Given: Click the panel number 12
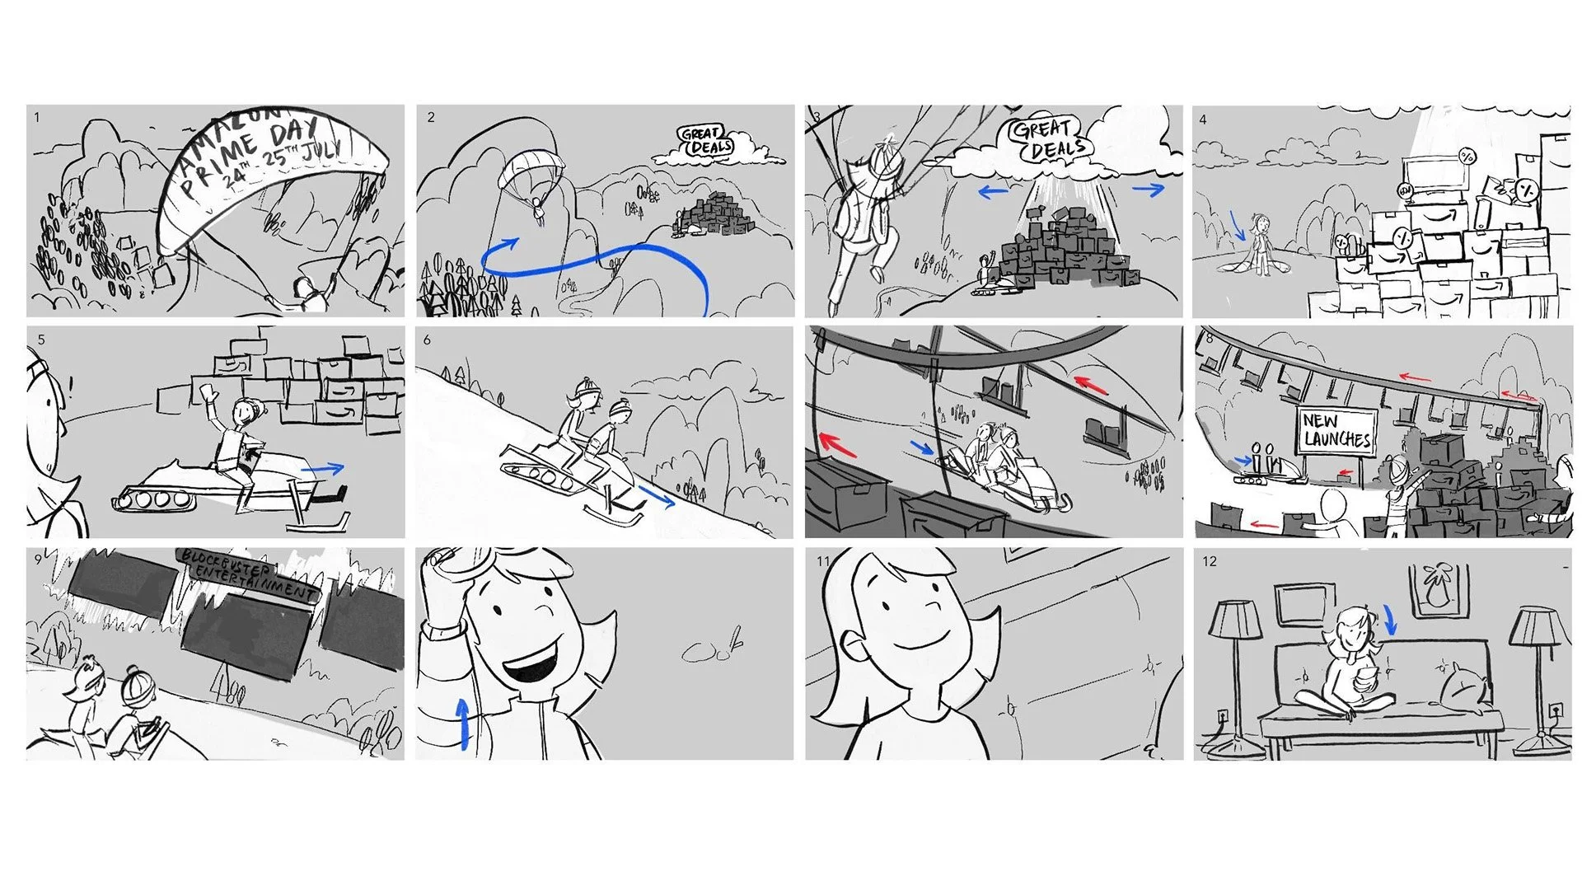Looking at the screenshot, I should (x=1209, y=561).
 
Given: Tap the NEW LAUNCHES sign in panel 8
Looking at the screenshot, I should (x=1336, y=429).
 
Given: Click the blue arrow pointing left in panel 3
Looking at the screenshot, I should (x=993, y=192).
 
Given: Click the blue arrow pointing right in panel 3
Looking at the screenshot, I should (x=1148, y=190).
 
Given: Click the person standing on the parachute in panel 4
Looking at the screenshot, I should (x=1258, y=241).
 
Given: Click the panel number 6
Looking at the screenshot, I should (x=428, y=340).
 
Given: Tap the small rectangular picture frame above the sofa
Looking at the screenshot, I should (x=1300, y=604).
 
